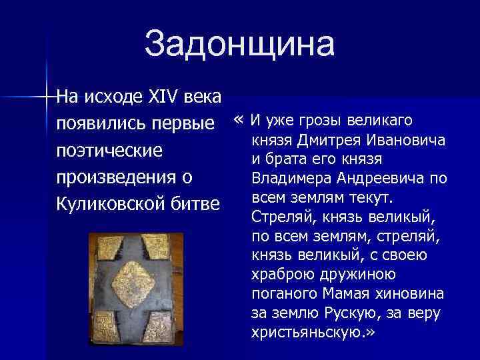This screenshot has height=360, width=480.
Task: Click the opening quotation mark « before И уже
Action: tap(239, 121)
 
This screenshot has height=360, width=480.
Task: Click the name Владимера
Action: tap(290, 179)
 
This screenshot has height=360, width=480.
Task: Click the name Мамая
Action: tap(345, 294)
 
